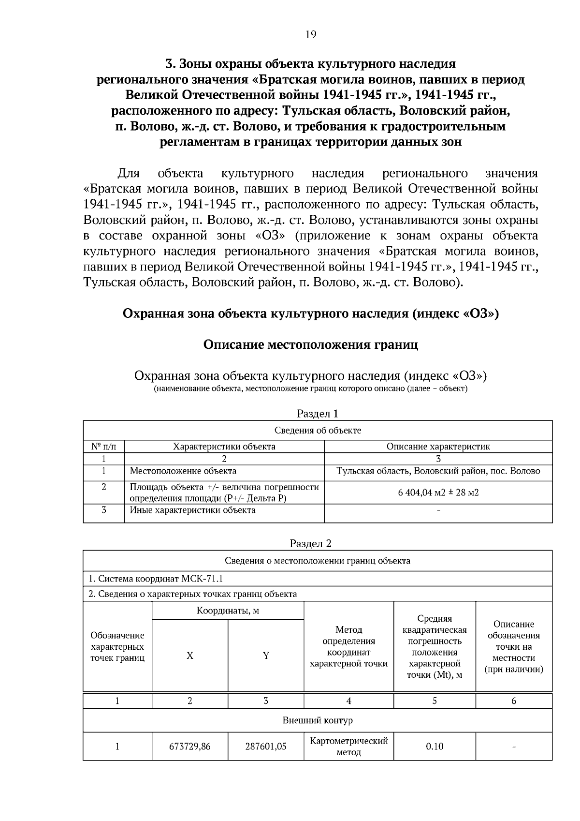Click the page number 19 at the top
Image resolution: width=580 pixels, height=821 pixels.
click(311, 34)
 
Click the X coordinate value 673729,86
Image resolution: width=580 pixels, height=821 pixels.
click(189, 746)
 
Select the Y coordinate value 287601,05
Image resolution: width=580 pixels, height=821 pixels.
click(265, 746)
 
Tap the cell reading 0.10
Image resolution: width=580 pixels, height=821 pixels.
click(434, 746)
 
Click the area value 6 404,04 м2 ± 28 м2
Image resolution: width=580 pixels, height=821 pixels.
click(438, 493)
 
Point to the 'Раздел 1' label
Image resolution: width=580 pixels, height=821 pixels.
click(317, 413)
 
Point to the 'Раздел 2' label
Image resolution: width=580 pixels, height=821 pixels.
click(310, 543)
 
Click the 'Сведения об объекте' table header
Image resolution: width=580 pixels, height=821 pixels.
click(318, 430)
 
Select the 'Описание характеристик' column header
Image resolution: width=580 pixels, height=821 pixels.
click(438, 447)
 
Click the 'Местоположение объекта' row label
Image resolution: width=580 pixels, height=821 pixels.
click(183, 471)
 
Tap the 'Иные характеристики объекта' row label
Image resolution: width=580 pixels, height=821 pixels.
click(193, 510)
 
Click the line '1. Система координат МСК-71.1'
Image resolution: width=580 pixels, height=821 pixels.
click(156, 579)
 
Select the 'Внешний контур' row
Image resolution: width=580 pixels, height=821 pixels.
click(318, 720)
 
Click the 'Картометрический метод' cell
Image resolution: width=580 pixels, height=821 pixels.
click(348, 746)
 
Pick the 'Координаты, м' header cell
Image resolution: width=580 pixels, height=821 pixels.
click(228, 611)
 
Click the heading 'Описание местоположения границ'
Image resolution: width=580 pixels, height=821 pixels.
click(310, 344)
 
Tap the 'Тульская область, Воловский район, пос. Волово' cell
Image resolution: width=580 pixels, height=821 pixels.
click(438, 471)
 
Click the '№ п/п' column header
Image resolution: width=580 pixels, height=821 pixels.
click(103, 447)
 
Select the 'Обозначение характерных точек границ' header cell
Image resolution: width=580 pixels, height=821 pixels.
click(117, 646)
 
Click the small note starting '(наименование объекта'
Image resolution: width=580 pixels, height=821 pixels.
click(310, 389)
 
